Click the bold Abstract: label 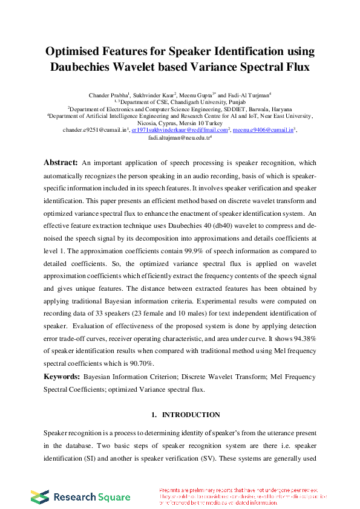pos(61,163)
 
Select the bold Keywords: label pos(61,377)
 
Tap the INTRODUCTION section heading pos(191,415)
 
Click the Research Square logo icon pos(40,496)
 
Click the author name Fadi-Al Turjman pos(249,95)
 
